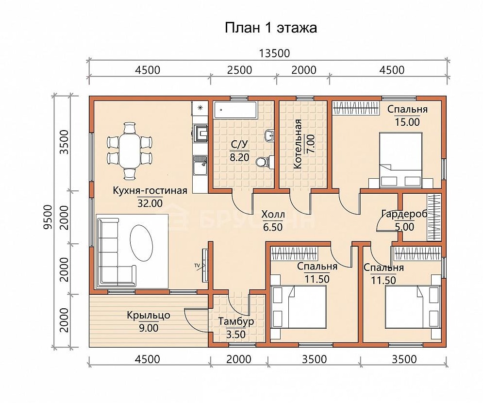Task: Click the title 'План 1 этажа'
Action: tap(271, 28)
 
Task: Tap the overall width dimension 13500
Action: tap(274, 53)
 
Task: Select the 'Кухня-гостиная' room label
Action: tap(150, 190)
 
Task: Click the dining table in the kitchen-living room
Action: tap(130, 151)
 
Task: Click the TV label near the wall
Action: tap(197, 265)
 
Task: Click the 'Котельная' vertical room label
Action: tap(298, 144)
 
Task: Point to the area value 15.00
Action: tap(407, 122)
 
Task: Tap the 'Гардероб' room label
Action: tap(404, 214)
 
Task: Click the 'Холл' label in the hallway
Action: tap(273, 214)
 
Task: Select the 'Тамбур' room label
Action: tap(236, 321)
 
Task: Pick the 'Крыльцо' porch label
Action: tap(149, 316)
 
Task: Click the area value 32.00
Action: tap(150, 203)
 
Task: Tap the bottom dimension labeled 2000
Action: tap(239, 359)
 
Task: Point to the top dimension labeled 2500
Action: tap(240, 70)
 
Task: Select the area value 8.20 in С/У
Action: tap(239, 157)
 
